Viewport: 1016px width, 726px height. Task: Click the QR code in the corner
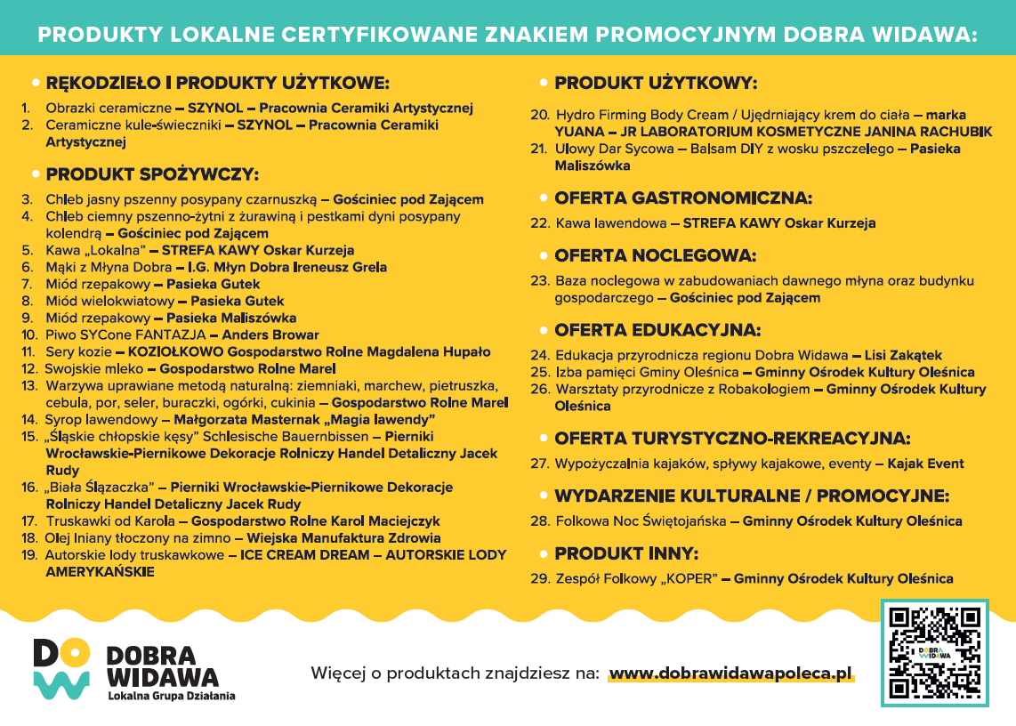[x=934, y=652]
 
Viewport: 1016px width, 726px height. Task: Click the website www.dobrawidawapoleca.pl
[x=730, y=673]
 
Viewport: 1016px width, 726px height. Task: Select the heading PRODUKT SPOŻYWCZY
[x=152, y=173]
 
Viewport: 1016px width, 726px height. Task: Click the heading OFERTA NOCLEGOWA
[x=655, y=255]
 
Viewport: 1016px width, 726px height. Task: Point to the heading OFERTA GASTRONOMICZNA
[x=682, y=198]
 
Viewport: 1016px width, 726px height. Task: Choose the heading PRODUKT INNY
[x=626, y=553]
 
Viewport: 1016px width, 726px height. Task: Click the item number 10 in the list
[x=29, y=335]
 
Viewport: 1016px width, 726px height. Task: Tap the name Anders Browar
[x=270, y=335]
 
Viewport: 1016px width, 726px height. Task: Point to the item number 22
[x=539, y=223]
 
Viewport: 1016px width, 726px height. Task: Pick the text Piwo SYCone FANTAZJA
[x=125, y=335]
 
